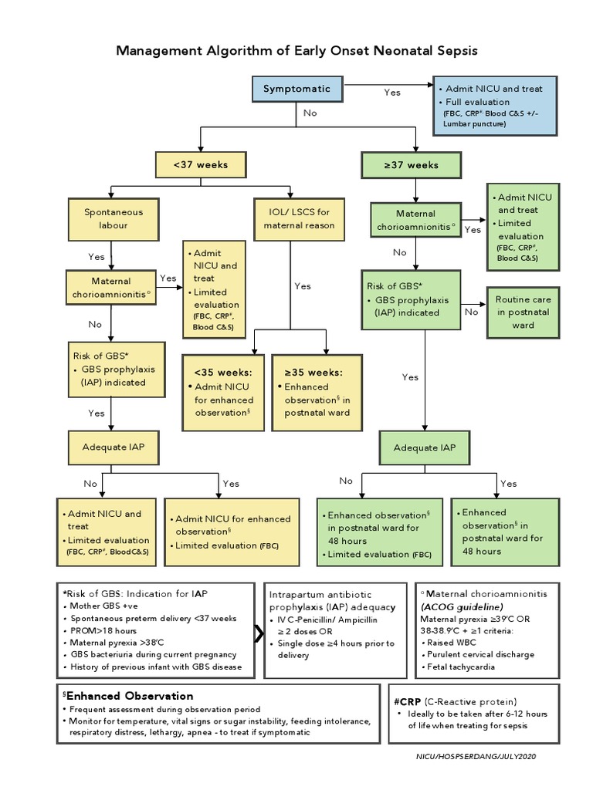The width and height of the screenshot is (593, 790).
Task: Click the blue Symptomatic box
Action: (296, 89)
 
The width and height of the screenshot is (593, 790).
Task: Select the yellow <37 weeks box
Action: (200, 165)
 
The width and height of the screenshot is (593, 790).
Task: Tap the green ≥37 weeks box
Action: (411, 165)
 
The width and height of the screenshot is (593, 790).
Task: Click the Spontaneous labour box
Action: (114, 218)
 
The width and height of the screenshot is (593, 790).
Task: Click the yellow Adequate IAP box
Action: (114, 447)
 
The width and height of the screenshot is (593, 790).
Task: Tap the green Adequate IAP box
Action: (425, 447)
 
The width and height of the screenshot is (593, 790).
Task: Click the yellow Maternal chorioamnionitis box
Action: (111, 288)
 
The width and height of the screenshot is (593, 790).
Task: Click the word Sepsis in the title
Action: (452, 51)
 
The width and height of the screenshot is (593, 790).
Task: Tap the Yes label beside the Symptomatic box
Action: (392, 93)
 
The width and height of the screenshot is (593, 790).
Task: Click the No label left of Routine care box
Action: (471, 312)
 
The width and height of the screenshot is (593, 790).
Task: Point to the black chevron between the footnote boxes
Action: (258, 633)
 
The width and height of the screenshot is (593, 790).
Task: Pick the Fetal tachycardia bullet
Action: (463, 667)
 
